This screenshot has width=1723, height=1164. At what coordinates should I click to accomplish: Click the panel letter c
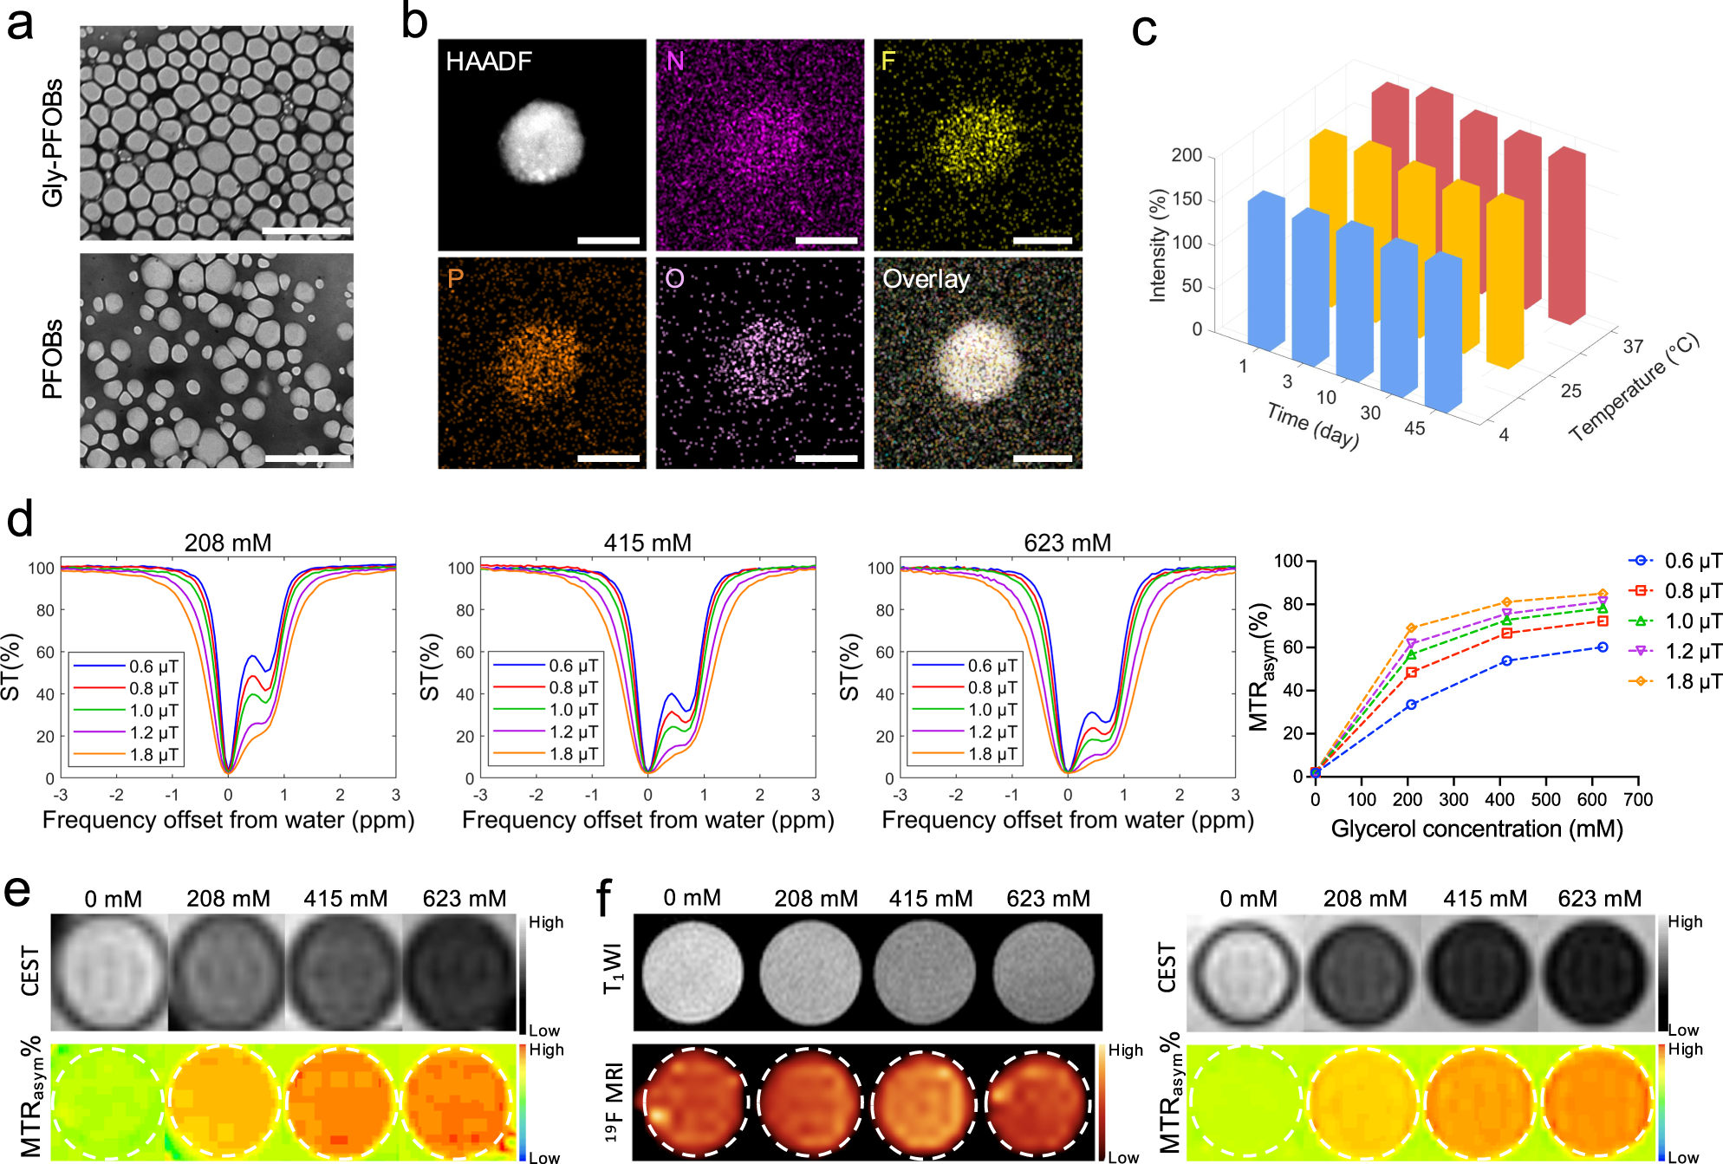coord(1144,31)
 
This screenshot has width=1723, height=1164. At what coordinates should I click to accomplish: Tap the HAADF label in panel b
coord(488,62)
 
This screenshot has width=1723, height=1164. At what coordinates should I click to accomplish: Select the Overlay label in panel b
coord(925,279)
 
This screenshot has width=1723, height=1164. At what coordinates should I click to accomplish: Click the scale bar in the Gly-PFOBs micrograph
coord(306,231)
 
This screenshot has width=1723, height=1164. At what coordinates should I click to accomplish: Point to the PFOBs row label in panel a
coord(53,359)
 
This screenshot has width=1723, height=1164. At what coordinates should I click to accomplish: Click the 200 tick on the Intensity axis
coord(1187,155)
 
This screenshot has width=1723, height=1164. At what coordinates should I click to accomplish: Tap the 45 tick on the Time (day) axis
coord(1414,428)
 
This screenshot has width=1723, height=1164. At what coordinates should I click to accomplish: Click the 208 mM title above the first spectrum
coord(228,543)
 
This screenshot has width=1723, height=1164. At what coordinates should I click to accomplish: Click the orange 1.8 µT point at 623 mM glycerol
coord(1603,594)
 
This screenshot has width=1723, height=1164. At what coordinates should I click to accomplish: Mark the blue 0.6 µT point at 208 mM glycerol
coord(1411,705)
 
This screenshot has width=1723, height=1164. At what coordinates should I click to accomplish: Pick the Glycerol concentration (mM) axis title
coord(1476,829)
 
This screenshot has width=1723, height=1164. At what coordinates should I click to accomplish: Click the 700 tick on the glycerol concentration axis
coord(1638,800)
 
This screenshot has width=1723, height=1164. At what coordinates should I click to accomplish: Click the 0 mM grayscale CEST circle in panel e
coord(109,972)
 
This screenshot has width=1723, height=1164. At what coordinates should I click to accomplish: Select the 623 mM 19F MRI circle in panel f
coord(1038,1103)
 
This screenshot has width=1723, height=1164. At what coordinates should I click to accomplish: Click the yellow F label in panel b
coord(888,62)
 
